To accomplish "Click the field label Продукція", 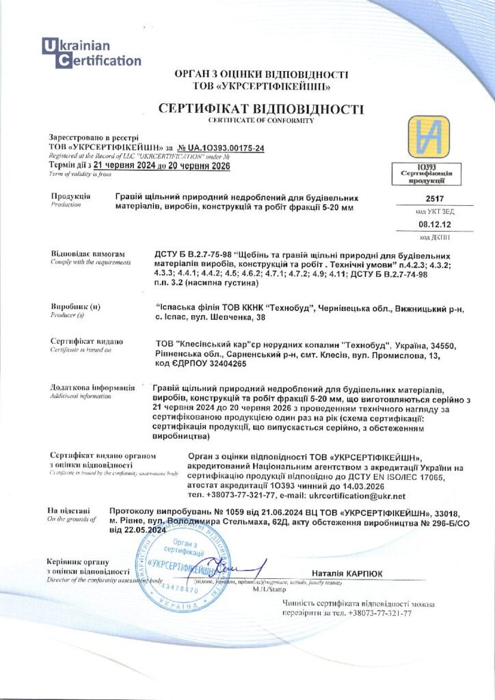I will coord(70,196).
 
